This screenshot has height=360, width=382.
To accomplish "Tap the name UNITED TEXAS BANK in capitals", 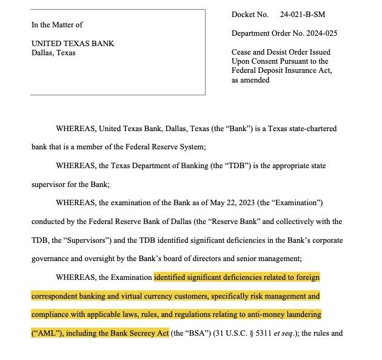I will pyautogui.click(x=73, y=44).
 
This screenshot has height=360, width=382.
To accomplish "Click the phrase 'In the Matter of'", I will pyautogui.click(x=57, y=25).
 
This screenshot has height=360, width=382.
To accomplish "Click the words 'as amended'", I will pyautogui.click(x=250, y=80).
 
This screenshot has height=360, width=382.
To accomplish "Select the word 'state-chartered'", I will pyautogui.click(x=308, y=129).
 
